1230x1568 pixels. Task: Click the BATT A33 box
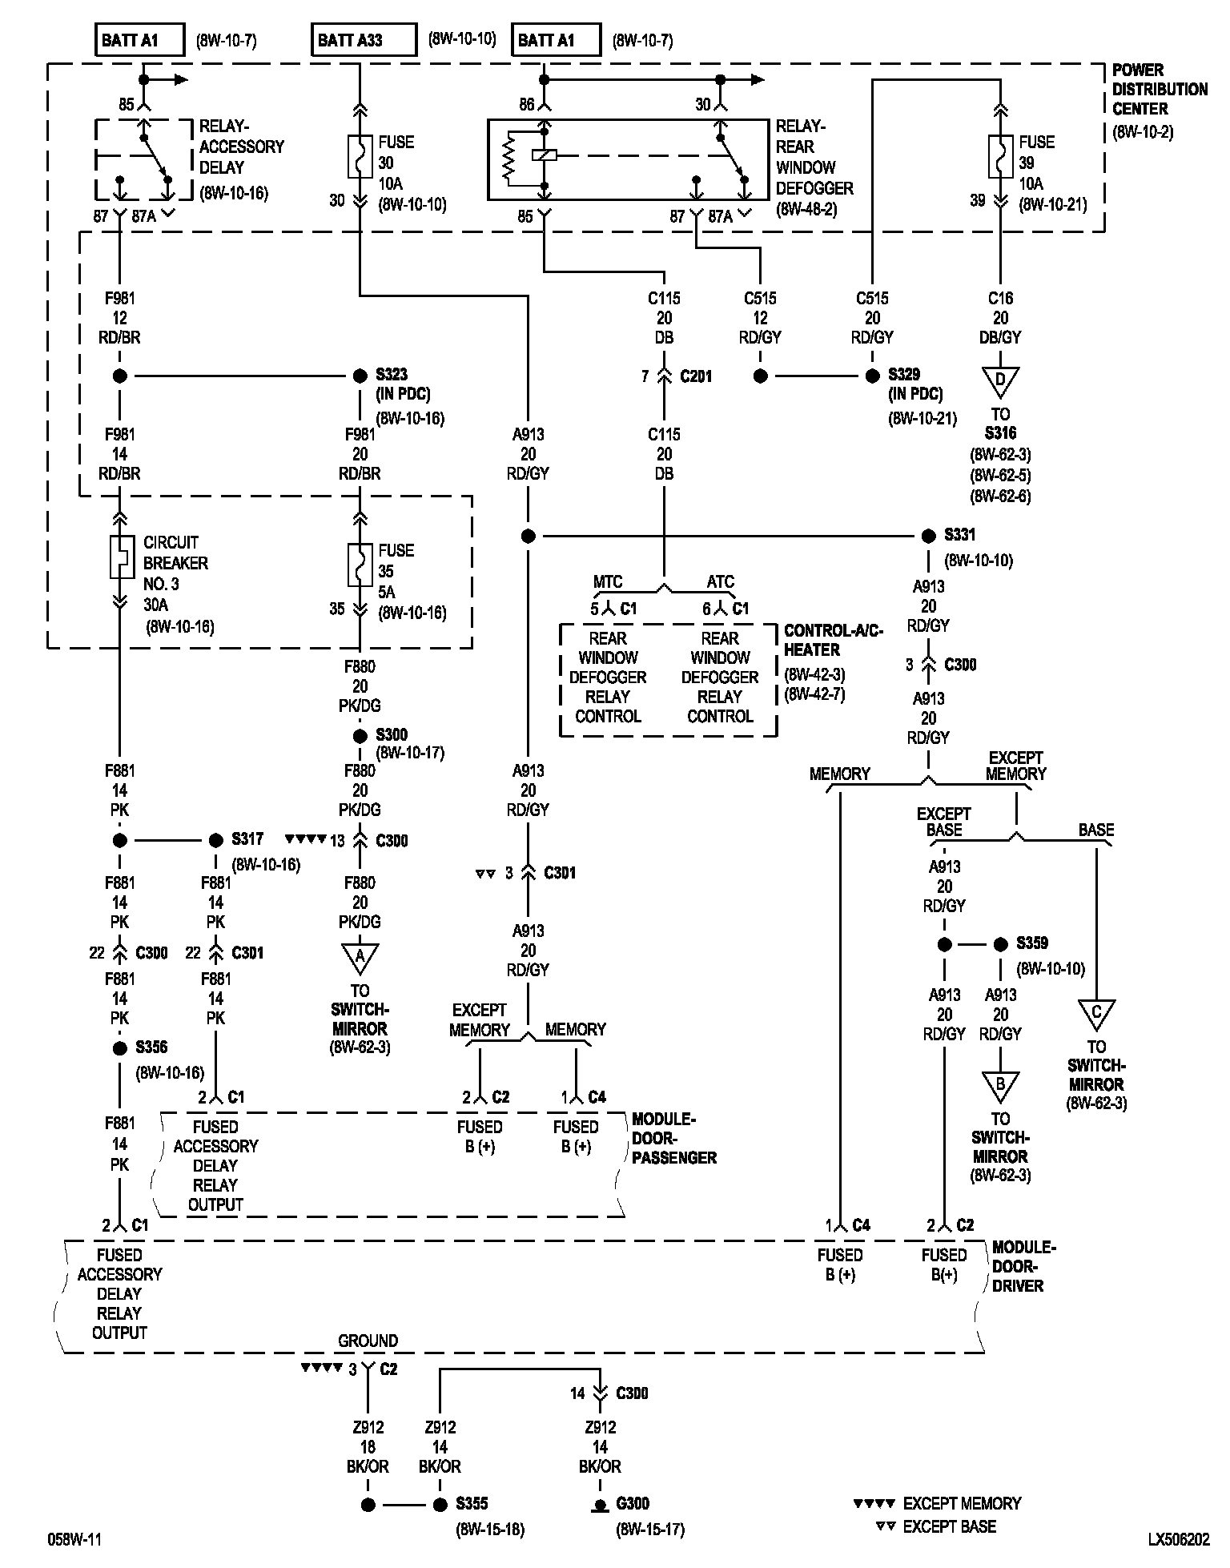(364, 40)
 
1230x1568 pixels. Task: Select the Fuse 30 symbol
(360, 156)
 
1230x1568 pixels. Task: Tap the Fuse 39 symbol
(1000, 156)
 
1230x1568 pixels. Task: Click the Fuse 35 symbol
(360, 565)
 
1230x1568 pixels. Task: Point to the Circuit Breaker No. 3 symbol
(120, 557)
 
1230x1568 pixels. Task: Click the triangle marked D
(1000, 382)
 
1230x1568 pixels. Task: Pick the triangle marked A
(360, 958)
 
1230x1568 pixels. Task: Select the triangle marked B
(1000, 1086)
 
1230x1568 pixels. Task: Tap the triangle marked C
(1096, 1014)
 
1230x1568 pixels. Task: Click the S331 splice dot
(928, 536)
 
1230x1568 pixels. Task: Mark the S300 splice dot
(360, 736)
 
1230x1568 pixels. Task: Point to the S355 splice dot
(440, 1505)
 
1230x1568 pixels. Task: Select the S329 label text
(905, 375)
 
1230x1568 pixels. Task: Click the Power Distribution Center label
(1159, 90)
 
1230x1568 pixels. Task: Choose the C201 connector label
(695, 376)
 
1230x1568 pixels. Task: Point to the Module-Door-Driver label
(1023, 1266)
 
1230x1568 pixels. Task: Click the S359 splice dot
(1000, 944)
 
